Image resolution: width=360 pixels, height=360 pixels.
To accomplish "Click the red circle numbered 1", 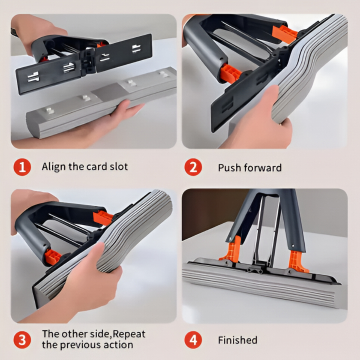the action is coord(22,167).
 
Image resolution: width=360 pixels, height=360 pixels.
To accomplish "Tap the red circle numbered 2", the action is coord(193,167).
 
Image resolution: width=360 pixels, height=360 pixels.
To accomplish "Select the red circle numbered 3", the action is coord(22,340).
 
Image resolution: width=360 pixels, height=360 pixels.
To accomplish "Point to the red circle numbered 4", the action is coord(193,340).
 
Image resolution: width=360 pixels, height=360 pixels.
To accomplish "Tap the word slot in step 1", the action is coord(118,166).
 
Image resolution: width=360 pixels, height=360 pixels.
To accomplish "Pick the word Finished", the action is coord(238,340).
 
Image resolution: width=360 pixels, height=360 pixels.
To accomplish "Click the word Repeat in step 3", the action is coord(129,334).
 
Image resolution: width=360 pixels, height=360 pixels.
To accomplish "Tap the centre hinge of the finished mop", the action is coord(255,269).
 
